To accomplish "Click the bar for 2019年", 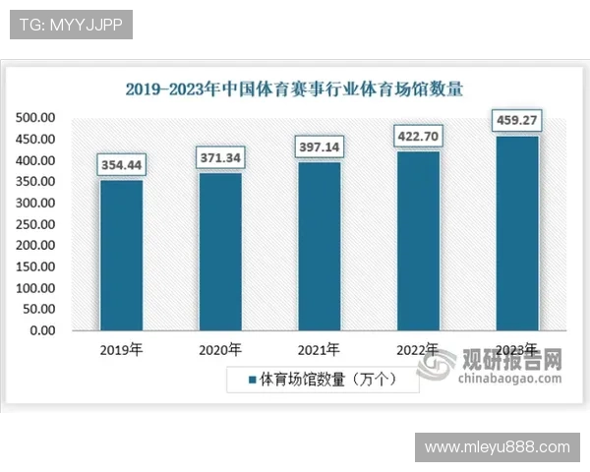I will coord(121,255).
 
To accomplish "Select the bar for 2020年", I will coord(220,251).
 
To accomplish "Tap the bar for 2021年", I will coord(320,246).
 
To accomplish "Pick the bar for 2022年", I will coord(418,240).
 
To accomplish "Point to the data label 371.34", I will coord(220,157).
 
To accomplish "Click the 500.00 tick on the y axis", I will coord(35,118).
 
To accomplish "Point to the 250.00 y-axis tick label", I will coord(35,224).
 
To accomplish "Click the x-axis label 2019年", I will coord(121,349).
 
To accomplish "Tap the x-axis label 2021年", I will coord(320,349).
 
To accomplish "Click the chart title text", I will coord(294,88).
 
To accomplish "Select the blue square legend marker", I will coord(252,379).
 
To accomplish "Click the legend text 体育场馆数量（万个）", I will coord(327,379).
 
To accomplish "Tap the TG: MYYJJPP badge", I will coord(71,26).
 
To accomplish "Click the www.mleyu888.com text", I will coord(497,447).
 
